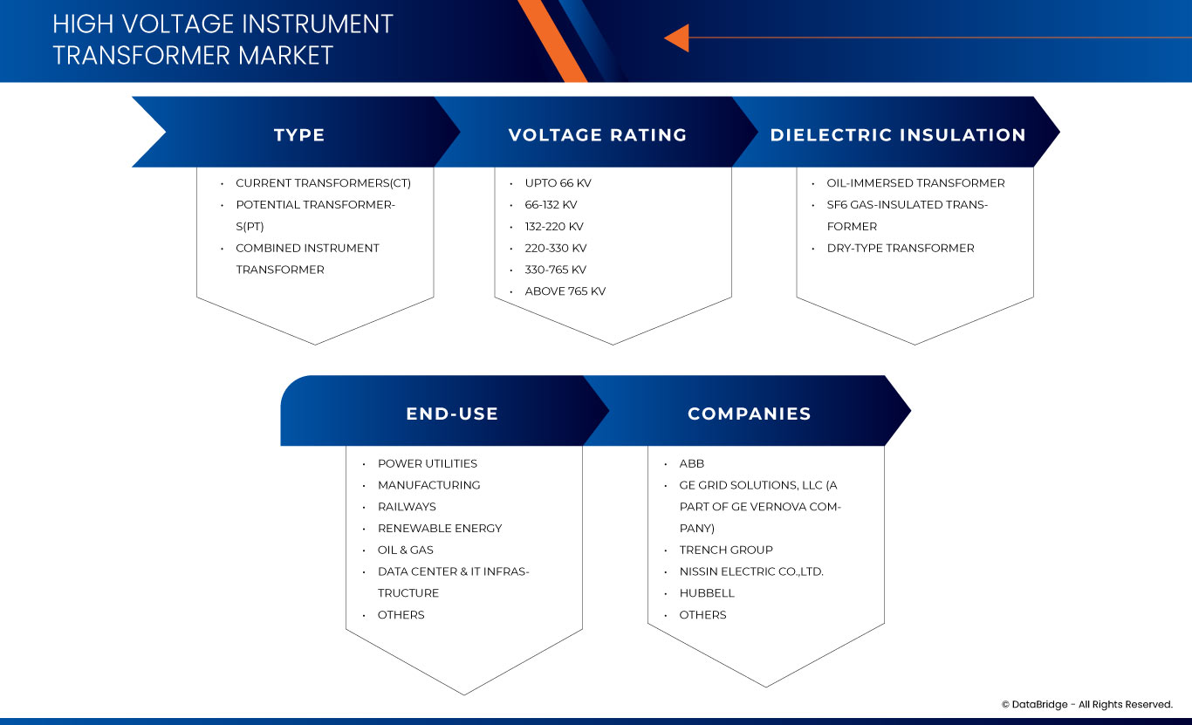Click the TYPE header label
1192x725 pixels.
coord(299,135)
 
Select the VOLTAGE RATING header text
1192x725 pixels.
coord(598,135)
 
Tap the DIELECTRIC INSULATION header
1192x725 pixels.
coord(898,135)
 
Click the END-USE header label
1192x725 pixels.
coord(452,414)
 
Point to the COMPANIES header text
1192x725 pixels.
coord(750,414)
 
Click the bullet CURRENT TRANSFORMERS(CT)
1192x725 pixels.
coord(323,183)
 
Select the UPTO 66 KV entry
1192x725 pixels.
coord(558,183)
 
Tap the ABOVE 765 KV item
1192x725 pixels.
coord(565,291)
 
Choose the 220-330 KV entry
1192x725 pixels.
coord(556,249)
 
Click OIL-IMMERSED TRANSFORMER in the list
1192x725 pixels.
coord(915,183)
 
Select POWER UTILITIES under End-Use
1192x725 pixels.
coord(428,463)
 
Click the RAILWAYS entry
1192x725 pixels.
coord(407,507)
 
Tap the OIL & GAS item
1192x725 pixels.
coord(406,550)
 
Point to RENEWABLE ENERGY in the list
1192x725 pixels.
coord(440,529)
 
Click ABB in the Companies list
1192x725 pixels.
coord(692,463)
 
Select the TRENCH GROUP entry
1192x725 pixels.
coord(726,550)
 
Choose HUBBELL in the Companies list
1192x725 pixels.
coord(707,593)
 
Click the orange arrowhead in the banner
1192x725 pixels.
coord(677,38)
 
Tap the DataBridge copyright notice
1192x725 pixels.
coord(1086,704)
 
